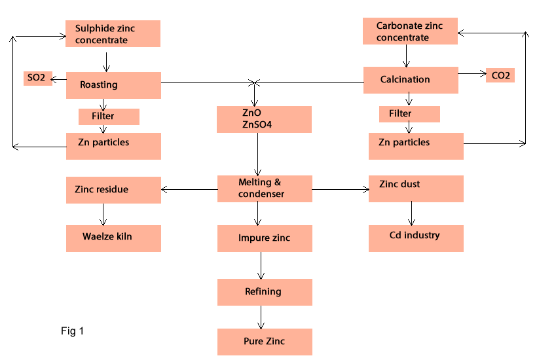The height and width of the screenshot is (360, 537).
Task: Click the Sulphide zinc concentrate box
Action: (x=113, y=33)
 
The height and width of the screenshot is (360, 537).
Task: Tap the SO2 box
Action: (x=36, y=79)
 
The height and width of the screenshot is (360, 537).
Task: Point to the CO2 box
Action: (x=500, y=75)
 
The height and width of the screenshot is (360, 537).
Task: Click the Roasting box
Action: (x=113, y=85)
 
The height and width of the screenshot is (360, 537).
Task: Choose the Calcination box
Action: (x=411, y=80)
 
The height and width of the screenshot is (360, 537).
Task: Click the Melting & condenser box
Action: (x=265, y=189)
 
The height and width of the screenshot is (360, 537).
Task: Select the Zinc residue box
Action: (x=113, y=190)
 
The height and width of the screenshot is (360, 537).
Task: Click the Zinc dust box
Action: (x=416, y=189)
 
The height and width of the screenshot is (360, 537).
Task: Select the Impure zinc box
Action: (x=265, y=238)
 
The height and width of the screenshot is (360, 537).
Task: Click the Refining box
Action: (x=265, y=292)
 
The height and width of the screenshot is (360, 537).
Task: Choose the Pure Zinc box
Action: (x=265, y=342)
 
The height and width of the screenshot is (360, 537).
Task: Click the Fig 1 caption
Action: (x=72, y=331)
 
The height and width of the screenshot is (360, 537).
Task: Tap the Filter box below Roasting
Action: (x=109, y=117)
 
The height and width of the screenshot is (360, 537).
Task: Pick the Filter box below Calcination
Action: (x=409, y=114)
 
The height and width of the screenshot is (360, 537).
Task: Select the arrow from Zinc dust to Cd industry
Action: (x=411, y=213)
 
